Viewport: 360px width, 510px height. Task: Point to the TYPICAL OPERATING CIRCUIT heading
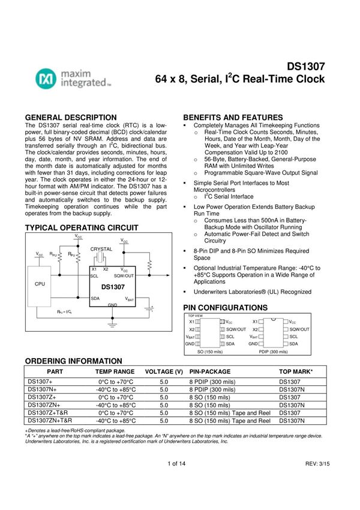(81, 228)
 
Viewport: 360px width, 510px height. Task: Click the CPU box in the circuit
(40, 283)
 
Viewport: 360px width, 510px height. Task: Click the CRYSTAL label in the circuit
(101, 248)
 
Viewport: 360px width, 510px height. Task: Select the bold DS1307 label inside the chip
(113, 287)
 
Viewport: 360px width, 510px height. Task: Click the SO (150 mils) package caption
(210, 352)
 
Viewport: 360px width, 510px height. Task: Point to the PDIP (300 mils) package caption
(273, 352)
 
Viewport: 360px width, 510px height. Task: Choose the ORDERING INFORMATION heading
(73, 361)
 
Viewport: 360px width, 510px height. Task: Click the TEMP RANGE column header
(115, 372)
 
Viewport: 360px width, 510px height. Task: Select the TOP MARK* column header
(296, 372)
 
